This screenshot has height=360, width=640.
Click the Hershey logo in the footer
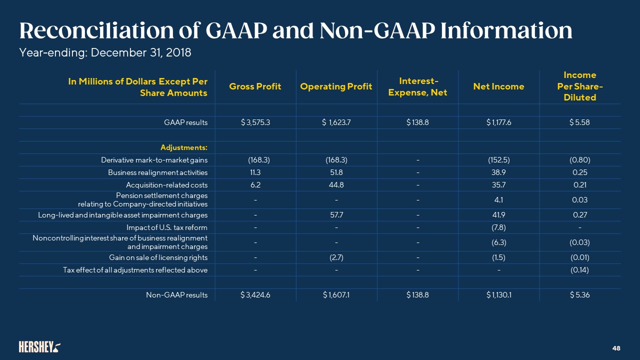point(40,346)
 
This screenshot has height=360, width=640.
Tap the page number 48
point(616,347)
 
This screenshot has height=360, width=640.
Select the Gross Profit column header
point(255,86)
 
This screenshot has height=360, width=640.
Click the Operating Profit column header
point(336,86)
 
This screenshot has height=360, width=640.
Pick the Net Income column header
point(498,86)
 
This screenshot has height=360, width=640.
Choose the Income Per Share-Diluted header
point(580,86)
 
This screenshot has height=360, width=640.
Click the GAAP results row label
point(186,123)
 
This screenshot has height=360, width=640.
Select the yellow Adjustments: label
point(184,147)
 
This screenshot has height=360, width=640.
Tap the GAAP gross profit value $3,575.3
point(255,123)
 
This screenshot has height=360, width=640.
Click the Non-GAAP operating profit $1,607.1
point(336,295)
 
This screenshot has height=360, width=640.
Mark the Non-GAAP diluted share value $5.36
point(580,295)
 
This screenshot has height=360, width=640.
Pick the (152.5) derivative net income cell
point(498,160)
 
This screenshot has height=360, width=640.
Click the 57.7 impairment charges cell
point(336,215)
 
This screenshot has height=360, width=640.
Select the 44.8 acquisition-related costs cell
point(336,185)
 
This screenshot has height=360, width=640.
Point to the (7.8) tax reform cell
point(498,227)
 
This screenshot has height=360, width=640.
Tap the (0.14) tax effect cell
point(580,270)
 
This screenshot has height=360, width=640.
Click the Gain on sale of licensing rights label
point(158,257)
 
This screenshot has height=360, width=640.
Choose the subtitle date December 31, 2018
point(138,52)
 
